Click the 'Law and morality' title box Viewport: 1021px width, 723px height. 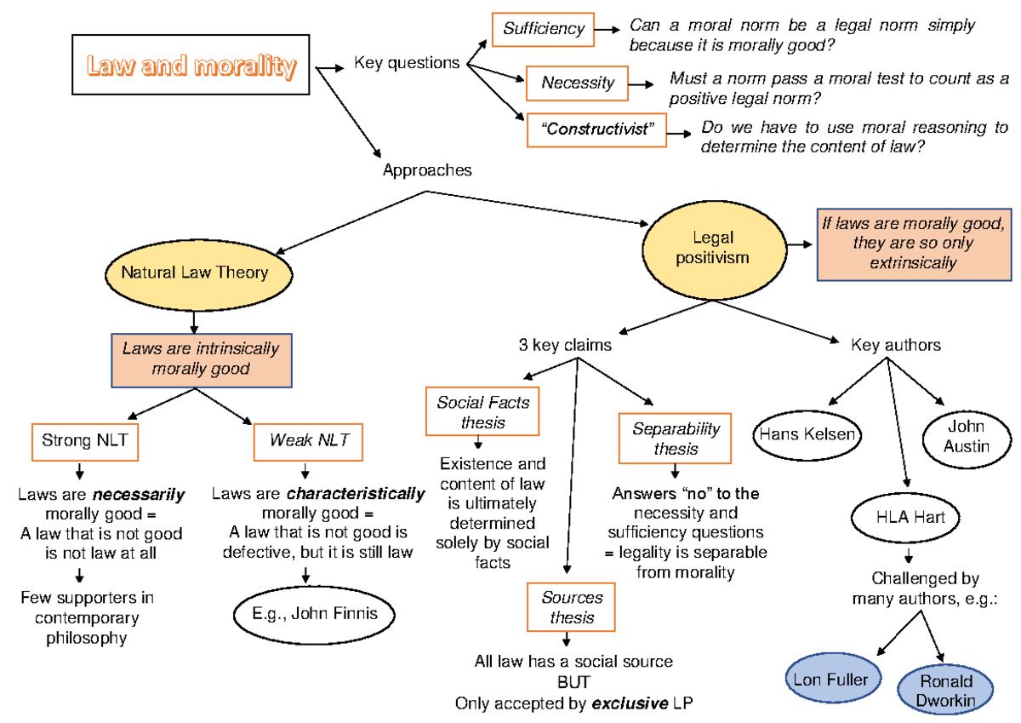click(191, 66)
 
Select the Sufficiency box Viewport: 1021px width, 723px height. click(543, 29)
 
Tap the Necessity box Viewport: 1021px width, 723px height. click(578, 83)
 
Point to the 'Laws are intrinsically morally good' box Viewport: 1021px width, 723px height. click(201, 359)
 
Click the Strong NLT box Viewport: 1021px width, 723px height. click(79, 440)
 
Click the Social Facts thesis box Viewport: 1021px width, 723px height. click(483, 412)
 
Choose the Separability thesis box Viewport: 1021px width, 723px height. click(676, 439)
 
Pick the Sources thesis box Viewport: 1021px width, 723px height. click(572, 608)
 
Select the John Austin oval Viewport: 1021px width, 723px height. click(966, 435)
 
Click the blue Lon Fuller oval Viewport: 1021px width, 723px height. click(831, 679)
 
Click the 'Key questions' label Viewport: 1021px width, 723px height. click(407, 62)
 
